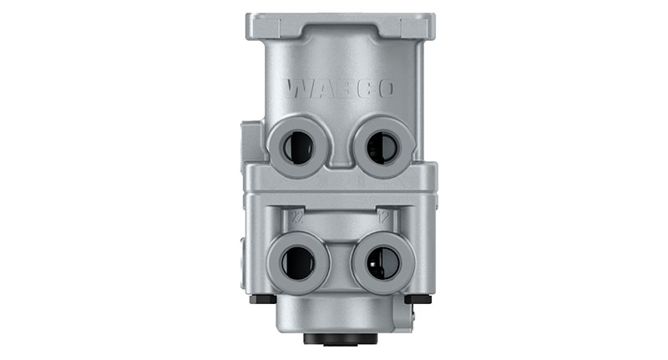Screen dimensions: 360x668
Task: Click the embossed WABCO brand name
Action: click(x=339, y=89)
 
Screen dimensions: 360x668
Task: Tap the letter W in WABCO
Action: click(x=296, y=88)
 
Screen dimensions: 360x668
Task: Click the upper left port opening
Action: click(x=297, y=148)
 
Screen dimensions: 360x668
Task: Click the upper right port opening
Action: click(x=382, y=148)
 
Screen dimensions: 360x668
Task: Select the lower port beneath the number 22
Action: click(x=298, y=262)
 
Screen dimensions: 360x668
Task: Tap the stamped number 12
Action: click(x=384, y=216)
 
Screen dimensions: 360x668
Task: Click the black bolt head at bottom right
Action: click(x=418, y=299)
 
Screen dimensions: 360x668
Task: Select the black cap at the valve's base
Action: click(x=339, y=339)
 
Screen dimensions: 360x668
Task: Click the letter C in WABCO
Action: click(x=361, y=89)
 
